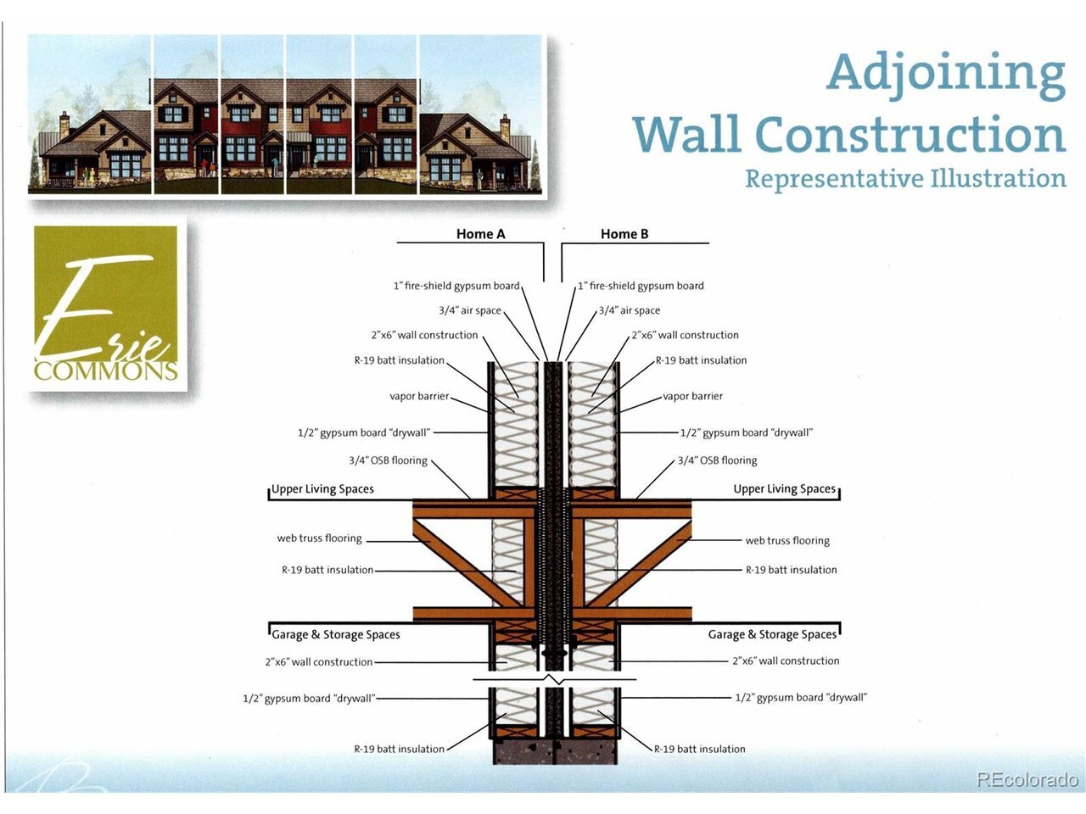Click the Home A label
[x=480, y=234]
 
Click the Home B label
[x=624, y=234]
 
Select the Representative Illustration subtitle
[x=905, y=179]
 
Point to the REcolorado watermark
[x=1027, y=779]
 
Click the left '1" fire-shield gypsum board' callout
[x=456, y=286]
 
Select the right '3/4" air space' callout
[x=630, y=310]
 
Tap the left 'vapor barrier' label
[x=419, y=396]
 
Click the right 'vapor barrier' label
[x=692, y=396]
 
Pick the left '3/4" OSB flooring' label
[x=388, y=460]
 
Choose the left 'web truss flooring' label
[x=319, y=538]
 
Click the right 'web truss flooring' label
[x=787, y=541]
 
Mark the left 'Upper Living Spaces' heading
[x=322, y=488]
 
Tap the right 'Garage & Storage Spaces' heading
[x=772, y=634]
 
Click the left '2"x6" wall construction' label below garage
[x=319, y=661]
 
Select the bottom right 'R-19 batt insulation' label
[x=700, y=749]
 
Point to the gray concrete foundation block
[x=555, y=751]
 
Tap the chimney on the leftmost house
[x=64, y=125]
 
